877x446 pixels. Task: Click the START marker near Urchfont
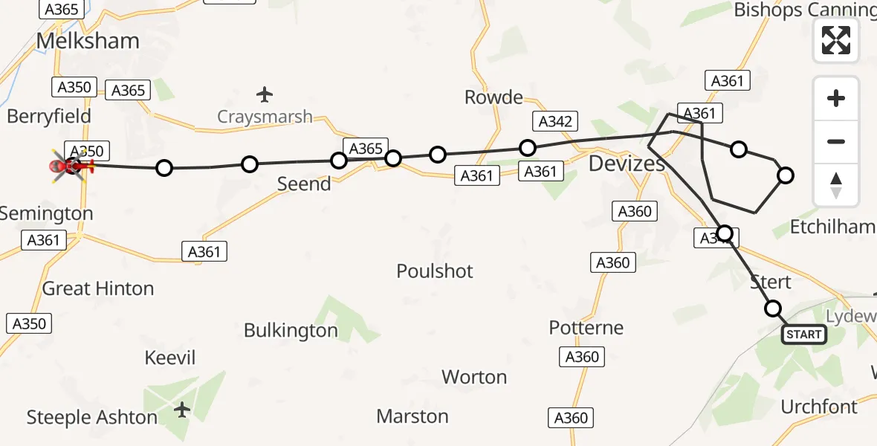(x=803, y=334)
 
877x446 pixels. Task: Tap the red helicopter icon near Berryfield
(x=72, y=165)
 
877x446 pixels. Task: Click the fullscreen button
(x=836, y=40)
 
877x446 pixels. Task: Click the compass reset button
(x=836, y=185)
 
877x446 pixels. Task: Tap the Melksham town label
(x=88, y=41)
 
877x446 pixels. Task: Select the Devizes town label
(x=627, y=164)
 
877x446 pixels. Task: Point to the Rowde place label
(x=493, y=97)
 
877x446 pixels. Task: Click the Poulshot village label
(x=435, y=271)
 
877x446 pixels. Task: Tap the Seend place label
(x=304, y=184)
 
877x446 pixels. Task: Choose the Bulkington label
(x=291, y=331)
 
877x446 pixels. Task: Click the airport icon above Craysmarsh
(x=265, y=94)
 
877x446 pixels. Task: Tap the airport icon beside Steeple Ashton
(x=182, y=410)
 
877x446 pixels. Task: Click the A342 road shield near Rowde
(x=555, y=122)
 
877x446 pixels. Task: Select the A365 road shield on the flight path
(x=366, y=149)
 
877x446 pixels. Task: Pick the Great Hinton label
(x=98, y=288)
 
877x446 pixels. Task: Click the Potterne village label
(x=586, y=328)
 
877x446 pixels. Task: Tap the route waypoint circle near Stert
(x=773, y=308)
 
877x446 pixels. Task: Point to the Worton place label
(x=474, y=377)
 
